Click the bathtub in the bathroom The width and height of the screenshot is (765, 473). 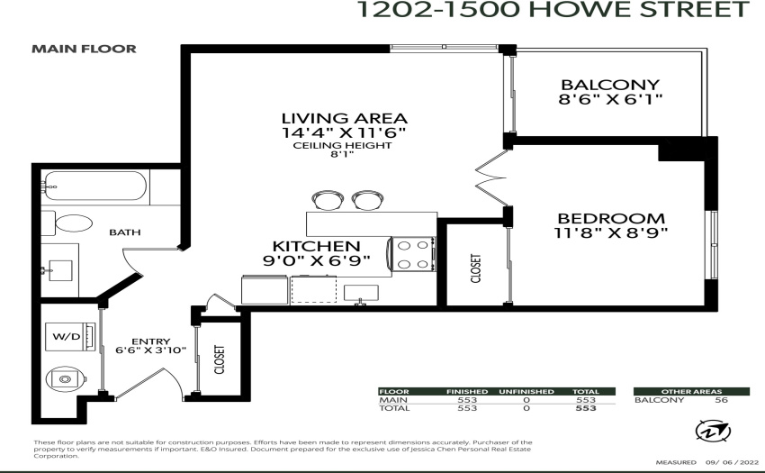[95, 186]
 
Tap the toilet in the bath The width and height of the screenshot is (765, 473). [68, 223]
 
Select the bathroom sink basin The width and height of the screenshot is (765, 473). [60, 270]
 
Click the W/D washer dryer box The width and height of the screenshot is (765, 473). [70, 336]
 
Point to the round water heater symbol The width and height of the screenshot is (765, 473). [66, 379]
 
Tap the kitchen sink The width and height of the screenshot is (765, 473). [361, 293]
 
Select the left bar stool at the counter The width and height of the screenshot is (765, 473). [328, 200]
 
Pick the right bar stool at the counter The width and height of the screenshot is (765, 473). [367, 200]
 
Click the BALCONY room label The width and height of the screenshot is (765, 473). [610, 85]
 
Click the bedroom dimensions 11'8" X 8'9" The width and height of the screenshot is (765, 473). [611, 233]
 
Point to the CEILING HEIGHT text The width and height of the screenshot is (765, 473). [343, 146]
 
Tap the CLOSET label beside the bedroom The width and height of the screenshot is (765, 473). [476, 268]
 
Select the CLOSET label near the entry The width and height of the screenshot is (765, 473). [220, 359]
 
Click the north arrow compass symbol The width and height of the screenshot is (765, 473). [713, 432]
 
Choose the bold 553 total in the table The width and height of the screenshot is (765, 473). [586, 408]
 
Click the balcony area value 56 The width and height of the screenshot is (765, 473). [721, 400]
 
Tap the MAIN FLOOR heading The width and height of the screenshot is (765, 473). [84, 49]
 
